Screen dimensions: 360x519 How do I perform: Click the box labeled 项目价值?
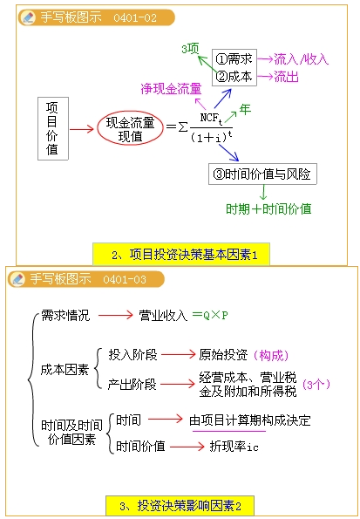53,128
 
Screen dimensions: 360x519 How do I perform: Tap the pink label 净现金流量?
171,89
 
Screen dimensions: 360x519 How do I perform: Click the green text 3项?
190,49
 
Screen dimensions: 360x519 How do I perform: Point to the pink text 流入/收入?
301,59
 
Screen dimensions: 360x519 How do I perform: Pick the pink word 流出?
286,77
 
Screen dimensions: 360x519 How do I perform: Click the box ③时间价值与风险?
262,174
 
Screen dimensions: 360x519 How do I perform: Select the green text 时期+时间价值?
268,208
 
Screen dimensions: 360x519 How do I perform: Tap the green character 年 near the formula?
245,109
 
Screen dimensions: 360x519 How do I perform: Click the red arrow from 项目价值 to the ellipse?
82,129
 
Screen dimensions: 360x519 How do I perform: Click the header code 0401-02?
135,17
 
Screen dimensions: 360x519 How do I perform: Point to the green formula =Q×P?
210,315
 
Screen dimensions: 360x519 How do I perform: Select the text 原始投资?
223,355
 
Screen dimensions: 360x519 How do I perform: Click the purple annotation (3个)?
316,385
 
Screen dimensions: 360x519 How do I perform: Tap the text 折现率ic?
234,447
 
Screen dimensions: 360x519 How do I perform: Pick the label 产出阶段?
132,385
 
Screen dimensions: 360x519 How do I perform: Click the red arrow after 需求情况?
115,315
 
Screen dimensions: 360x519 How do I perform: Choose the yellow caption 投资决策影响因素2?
180,506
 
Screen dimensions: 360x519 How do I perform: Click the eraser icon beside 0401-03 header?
17,279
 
